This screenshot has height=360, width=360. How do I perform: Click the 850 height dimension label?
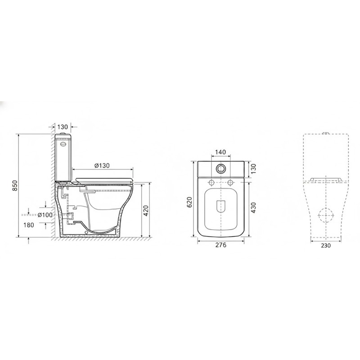(14, 185)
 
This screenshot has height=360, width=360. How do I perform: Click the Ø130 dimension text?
(102, 165)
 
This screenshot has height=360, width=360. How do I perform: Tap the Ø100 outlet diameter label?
(45, 215)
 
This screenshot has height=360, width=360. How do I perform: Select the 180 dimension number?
(29, 225)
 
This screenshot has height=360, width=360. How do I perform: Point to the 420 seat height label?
(146, 211)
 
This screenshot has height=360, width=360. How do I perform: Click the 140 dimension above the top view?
(220, 152)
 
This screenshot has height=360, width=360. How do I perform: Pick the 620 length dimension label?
(189, 202)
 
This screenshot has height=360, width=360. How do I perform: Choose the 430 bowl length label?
(253, 207)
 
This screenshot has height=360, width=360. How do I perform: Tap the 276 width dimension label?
(221, 245)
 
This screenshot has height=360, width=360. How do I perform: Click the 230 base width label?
(326, 245)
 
